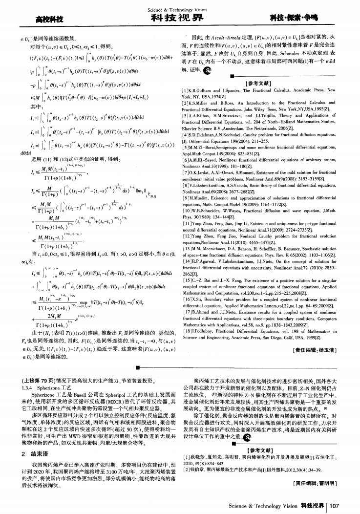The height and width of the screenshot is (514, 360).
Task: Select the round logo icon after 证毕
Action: pyautogui.click(x=208, y=70)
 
